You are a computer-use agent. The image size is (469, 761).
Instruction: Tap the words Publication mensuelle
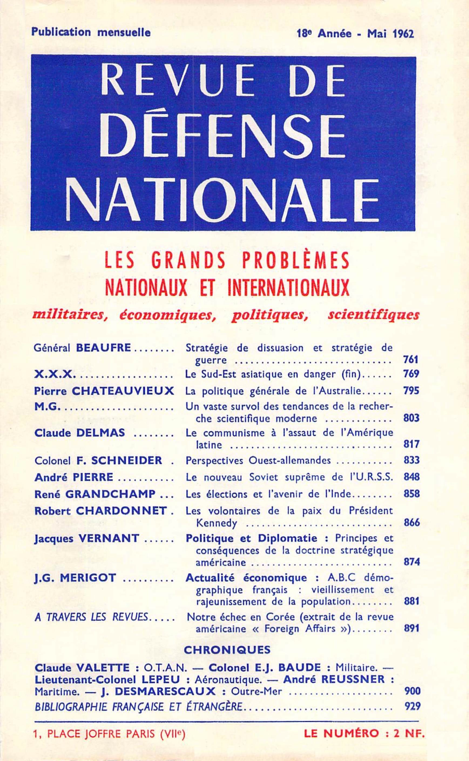point(91,32)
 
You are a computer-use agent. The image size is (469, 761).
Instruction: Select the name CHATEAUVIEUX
point(123,391)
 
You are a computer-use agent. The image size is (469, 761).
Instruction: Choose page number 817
point(411,445)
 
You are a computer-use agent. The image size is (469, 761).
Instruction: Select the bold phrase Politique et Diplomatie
point(251,538)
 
